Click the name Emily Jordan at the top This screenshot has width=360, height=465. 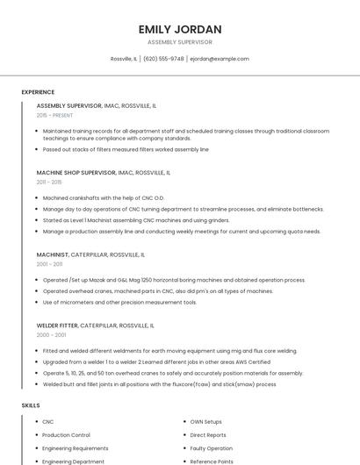point(180,29)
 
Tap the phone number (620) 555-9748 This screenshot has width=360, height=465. point(163,59)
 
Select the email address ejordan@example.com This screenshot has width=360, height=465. point(220,59)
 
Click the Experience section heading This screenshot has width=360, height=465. point(38,92)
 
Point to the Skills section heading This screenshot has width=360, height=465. point(31,405)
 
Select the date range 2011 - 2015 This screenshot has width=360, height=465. point(49,182)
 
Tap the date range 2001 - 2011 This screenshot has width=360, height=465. point(49,264)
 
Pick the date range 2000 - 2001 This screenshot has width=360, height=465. point(51,334)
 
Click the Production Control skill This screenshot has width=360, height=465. point(66,435)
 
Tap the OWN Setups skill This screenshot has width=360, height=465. point(205,422)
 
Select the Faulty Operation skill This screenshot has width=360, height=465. point(212,448)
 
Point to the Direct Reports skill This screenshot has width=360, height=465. point(208,435)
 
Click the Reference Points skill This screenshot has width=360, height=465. point(212,461)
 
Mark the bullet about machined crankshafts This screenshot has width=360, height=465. point(104,198)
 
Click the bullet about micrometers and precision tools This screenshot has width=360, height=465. point(119,302)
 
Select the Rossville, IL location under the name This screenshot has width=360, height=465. point(124,59)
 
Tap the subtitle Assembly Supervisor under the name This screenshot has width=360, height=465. point(180,42)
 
